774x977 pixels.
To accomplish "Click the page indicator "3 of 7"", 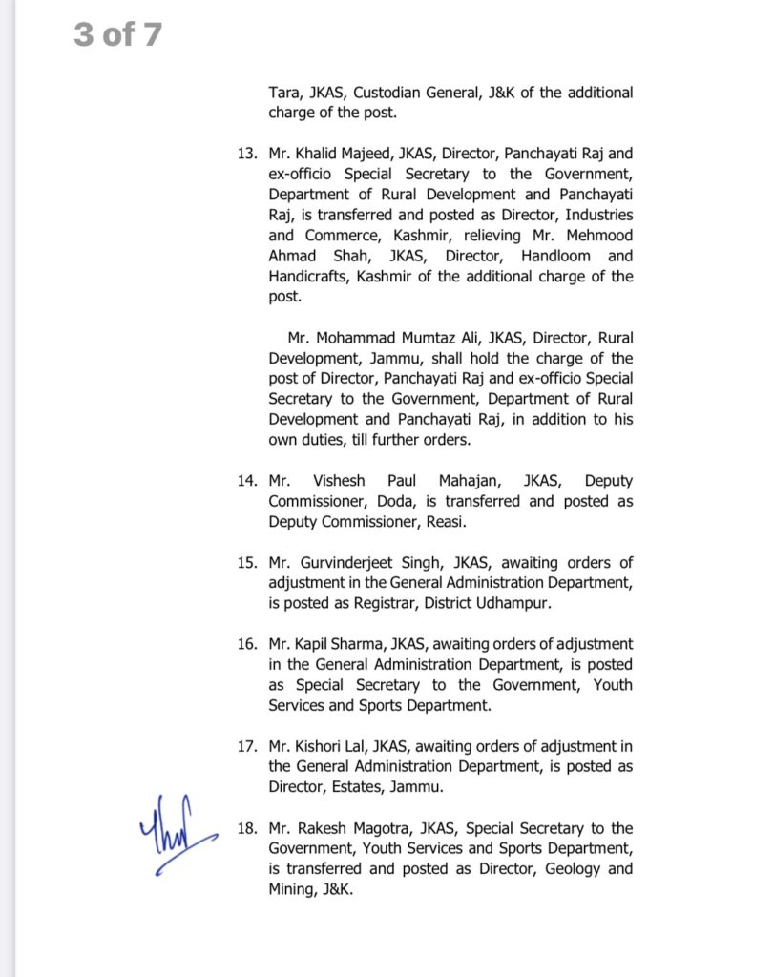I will click(x=118, y=35).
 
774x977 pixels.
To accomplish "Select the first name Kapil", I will click(x=319, y=644).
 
